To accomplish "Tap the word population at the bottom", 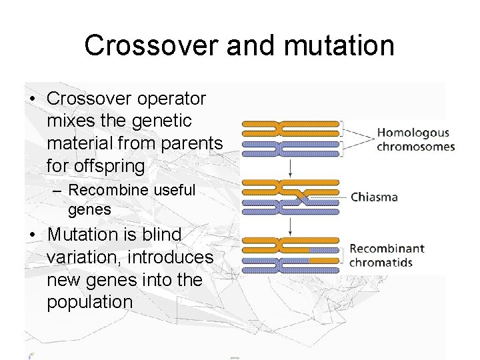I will point(90,302).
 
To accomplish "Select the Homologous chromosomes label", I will point(415,139).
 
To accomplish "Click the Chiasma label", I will point(374,197).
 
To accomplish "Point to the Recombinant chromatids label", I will point(387,255).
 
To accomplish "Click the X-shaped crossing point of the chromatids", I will point(302,197).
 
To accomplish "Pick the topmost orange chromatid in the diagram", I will point(291,124).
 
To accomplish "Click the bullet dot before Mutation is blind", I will point(31,235).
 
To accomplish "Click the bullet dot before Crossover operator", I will point(31,99).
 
